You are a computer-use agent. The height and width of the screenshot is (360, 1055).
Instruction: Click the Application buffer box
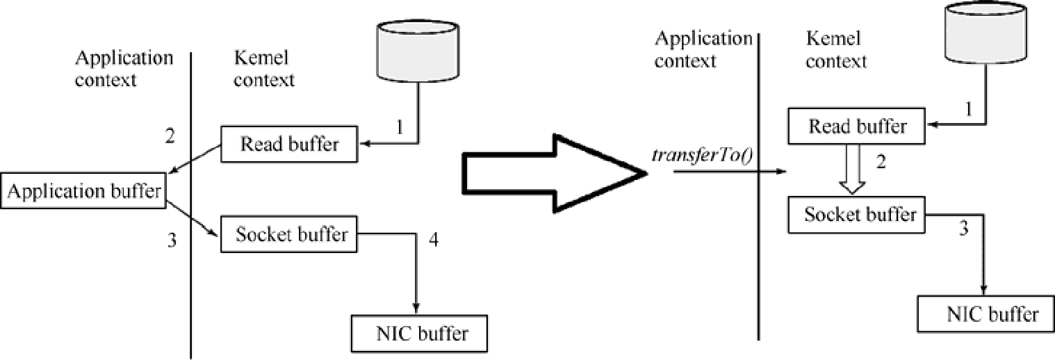83,191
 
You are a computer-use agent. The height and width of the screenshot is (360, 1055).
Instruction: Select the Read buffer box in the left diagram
289,144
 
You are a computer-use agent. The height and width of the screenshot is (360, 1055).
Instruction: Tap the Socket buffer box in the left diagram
288,234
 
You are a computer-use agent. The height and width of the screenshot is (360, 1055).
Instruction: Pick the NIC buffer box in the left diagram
419,334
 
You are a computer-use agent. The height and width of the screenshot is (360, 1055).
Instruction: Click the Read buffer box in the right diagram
857,126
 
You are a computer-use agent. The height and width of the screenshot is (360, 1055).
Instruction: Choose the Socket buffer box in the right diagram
857,215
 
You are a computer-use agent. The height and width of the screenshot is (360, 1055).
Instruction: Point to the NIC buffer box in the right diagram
986,314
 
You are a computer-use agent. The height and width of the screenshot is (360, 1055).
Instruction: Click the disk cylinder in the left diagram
418,51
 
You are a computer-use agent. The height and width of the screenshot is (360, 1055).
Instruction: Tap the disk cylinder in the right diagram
986,32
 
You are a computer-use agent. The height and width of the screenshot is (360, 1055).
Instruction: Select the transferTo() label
702,155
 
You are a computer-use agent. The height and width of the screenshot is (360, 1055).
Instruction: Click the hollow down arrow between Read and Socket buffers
852,169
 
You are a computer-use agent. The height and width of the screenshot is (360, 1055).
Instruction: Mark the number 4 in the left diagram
433,240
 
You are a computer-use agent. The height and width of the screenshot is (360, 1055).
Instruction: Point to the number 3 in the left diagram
172,240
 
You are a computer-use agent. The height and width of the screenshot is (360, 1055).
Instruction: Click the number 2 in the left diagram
170,136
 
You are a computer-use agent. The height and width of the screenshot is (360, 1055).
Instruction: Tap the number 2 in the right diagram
881,162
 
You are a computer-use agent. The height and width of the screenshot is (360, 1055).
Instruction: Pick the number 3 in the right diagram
964,229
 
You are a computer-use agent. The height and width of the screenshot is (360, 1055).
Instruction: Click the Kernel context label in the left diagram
264,69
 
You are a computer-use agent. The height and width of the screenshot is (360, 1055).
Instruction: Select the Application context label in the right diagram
703,49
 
